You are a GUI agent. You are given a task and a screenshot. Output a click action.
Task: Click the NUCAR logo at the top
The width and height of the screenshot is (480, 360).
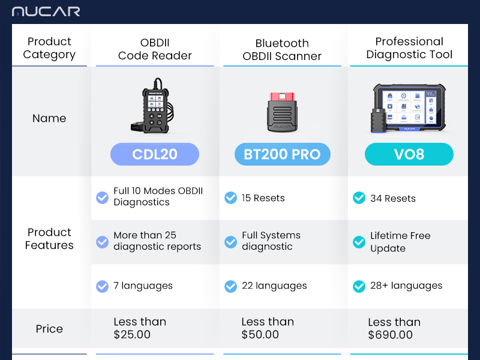coord(46,11)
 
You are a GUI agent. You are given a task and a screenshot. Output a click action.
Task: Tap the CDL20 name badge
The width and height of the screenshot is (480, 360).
coord(155,154)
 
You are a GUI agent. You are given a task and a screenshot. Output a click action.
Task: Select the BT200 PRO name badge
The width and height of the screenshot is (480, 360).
coord(282,154)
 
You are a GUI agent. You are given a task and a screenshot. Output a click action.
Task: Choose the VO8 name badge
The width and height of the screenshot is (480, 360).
coord(409,154)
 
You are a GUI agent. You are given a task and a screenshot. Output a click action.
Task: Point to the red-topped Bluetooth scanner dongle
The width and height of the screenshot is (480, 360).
coord(282,112)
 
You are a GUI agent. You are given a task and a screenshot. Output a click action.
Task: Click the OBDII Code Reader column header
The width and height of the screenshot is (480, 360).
coord(155,49)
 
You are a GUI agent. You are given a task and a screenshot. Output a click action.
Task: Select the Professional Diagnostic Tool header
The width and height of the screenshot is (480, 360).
coord(409,48)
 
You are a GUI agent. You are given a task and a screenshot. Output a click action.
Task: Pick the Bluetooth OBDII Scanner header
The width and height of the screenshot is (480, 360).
coord(282,50)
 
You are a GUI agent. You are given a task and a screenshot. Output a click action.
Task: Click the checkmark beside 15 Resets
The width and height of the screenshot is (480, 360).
coord(230,198)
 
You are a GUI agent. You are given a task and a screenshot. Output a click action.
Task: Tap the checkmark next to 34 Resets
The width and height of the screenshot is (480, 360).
coord(359,198)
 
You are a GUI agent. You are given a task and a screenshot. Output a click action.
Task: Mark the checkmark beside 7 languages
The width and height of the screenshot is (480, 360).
coord(102,286)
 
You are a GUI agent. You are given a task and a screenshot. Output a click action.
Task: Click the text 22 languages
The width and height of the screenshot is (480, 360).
coord(274,286)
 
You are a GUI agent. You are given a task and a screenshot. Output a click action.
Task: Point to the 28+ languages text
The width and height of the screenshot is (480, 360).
coord(406,286)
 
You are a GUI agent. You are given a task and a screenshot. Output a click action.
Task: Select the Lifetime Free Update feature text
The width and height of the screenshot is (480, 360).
coord(400,242)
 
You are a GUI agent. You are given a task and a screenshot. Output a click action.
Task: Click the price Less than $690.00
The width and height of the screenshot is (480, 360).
coord(394,328)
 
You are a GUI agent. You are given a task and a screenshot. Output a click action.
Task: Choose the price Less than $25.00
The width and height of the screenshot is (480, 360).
coord(140,328)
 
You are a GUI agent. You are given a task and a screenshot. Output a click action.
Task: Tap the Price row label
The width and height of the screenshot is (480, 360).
coord(49,329)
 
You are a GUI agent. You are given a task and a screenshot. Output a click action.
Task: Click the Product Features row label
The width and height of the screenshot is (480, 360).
coord(49,239)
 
